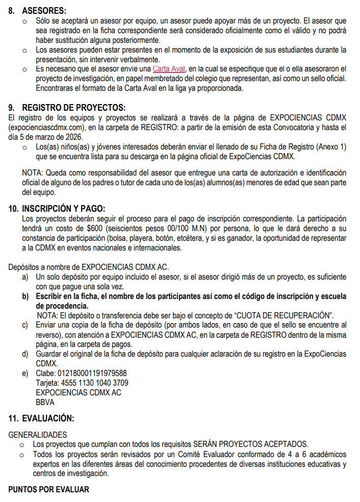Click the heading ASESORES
(44, 10)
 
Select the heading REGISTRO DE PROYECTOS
(73, 108)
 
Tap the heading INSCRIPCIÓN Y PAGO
(63, 209)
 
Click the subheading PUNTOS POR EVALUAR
(48, 489)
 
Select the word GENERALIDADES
(38, 435)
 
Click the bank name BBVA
(45, 403)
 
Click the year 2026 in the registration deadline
(72, 137)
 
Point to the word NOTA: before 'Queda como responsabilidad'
(33, 172)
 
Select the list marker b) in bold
(25, 296)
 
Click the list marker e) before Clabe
(25, 373)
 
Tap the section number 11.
(14, 419)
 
